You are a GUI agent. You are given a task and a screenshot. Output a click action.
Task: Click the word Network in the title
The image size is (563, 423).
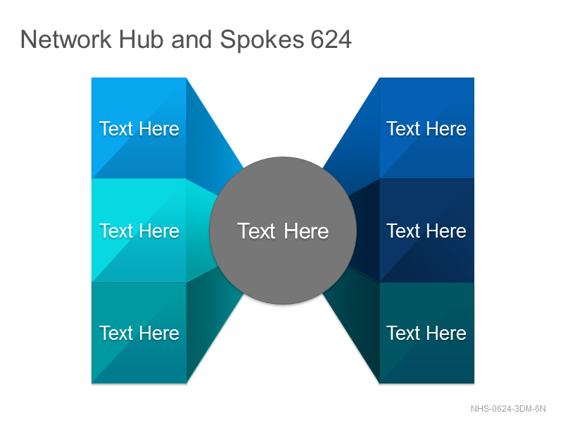pyautogui.click(x=65, y=39)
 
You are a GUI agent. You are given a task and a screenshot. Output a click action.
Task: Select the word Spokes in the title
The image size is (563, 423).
pyautogui.click(x=262, y=40)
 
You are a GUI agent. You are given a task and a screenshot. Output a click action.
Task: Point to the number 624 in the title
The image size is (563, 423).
pyautogui.click(x=331, y=39)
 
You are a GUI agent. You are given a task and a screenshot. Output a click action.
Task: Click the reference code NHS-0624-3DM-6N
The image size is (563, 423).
pyautogui.click(x=508, y=409)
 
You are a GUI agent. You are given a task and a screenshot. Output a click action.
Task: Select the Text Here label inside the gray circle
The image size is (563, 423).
pyautogui.click(x=283, y=231)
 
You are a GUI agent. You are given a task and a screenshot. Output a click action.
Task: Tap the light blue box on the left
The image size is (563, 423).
pyautogui.click(x=139, y=128)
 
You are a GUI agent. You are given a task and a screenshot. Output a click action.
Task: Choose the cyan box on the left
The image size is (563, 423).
pyautogui.click(x=139, y=231)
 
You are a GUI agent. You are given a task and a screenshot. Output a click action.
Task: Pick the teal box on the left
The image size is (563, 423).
pyautogui.click(x=139, y=333)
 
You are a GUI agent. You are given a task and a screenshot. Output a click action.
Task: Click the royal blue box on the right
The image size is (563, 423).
pyautogui.click(x=426, y=128)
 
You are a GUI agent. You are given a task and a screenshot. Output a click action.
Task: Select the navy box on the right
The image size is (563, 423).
pyautogui.click(x=426, y=231)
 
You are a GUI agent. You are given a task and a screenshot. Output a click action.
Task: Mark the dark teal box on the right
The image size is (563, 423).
pyautogui.click(x=426, y=333)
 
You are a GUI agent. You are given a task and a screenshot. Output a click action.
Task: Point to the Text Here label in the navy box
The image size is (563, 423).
pyautogui.click(x=426, y=231)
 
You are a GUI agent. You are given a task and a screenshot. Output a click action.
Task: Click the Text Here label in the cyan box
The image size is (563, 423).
pyautogui.click(x=139, y=231)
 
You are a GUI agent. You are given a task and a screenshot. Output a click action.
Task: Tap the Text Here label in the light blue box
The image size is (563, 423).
pyautogui.click(x=139, y=128)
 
